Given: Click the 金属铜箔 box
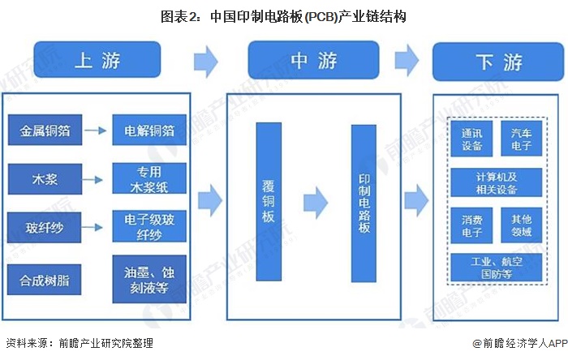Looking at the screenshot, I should pyautogui.click(x=45, y=130).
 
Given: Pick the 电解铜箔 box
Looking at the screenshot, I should pyautogui.click(x=149, y=130).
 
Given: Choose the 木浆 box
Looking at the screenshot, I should pyautogui.click(x=45, y=178).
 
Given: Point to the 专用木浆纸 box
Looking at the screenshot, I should pyautogui.click(x=149, y=179).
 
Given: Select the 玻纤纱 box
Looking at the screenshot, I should pyautogui.click(x=45, y=228).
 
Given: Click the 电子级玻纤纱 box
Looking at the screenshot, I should pyautogui.click(x=149, y=228).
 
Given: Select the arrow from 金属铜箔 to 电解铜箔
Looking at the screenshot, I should pyautogui.click(x=97, y=130).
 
